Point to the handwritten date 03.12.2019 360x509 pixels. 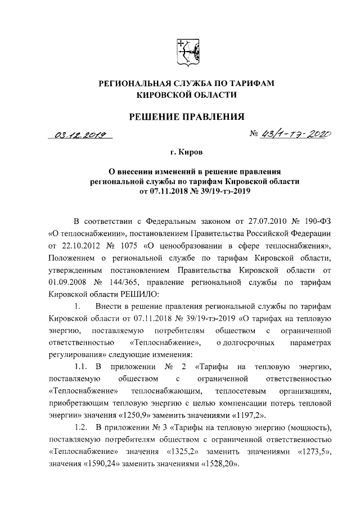[80, 136]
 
